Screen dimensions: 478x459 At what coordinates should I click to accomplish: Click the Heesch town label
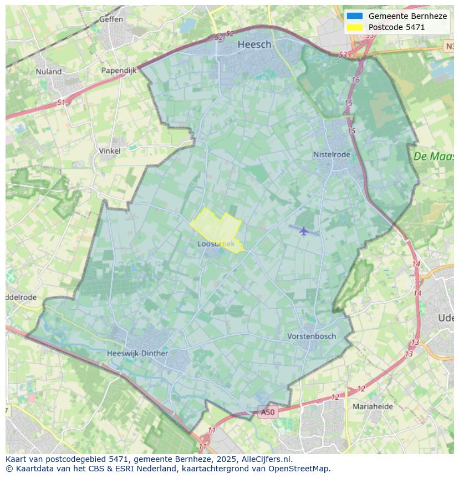pyautogui.click(x=254, y=44)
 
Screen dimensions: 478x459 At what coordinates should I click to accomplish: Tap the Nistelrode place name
pyautogui.click(x=331, y=154)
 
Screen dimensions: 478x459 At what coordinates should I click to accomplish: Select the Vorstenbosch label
pyautogui.click(x=312, y=336)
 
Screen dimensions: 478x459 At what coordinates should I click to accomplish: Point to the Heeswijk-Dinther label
pyautogui.click(x=137, y=353)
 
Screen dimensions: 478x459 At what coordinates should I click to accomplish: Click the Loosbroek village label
pyautogui.click(x=216, y=244)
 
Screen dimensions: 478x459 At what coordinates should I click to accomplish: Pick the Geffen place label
pyautogui.click(x=111, y=19)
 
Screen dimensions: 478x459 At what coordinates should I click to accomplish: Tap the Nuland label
pyautogui.click(x=49, y=72)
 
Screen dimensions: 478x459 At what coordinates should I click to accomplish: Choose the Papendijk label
pyautogui.click(x=119, y=71)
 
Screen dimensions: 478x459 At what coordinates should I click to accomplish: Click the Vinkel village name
pyautogui.click(x=109, y=150)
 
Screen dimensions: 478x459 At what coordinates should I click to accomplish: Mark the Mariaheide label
pyautogui.click(x=373, y=406)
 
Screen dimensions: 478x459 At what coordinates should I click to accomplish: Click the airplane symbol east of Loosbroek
pyautogui.click(x=303, y=230)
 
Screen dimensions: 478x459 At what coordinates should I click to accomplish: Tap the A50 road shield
pyautogui.click(x=267, y=412)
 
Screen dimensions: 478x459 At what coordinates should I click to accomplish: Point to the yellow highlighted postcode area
pyautogui.click(x=219, y=228)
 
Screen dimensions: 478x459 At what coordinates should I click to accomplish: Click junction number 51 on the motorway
pyautogui.click(x=61, y=103)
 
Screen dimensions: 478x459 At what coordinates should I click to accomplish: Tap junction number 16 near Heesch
pyautogui.click(x=356, y=80)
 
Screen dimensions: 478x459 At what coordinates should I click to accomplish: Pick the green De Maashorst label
pyautogui.click(x=433, y=157)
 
